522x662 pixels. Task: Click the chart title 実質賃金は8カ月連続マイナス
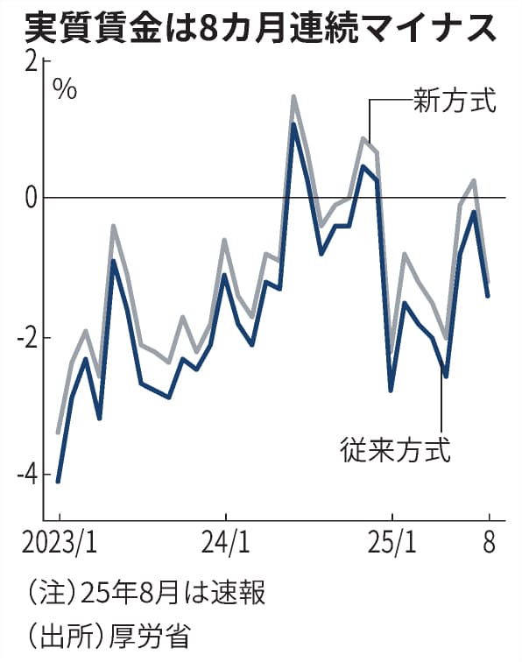pyautogui.click(x=260, y=27)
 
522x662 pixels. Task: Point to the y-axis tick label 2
pyautogui.click(x=31, y=61)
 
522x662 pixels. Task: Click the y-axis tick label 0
pyautogui.click(x=31, y=199)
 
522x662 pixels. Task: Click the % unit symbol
pyautogui.click(x=65, y=88)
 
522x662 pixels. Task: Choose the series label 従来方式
pyautogui.click(x=394, y=451)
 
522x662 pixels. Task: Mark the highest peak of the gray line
pyautogui.click(x=293, y=96)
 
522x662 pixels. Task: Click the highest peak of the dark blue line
pyautogui.click(x=293, y=124)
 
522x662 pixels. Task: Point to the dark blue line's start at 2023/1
pyautogui.click(x=58, y=481)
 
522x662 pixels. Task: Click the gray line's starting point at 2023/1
pyautogui.click(x=58, y=433)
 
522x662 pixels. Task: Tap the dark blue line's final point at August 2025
pyautogui.click(x=488, y=296)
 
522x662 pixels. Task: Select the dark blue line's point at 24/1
pyautogui.click(x=224, y=275)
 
